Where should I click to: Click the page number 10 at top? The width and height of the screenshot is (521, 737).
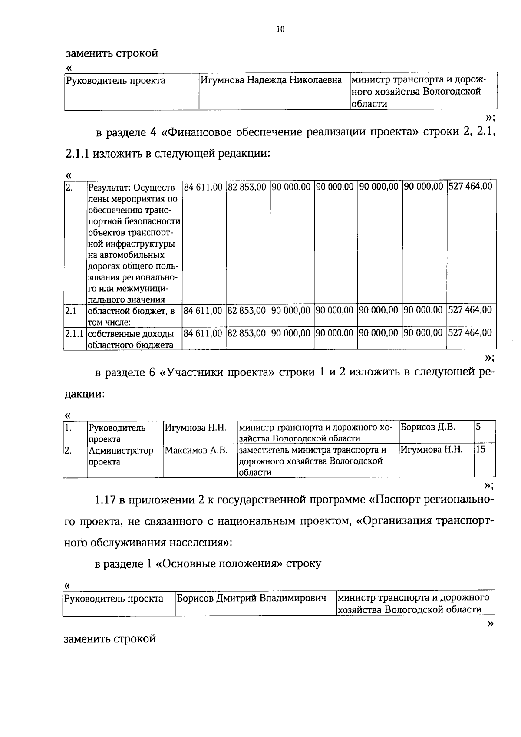point(280,30)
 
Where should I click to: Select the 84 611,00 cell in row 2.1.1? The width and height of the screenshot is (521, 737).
point(203,332)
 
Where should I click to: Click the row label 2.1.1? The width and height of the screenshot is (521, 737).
point(75,333)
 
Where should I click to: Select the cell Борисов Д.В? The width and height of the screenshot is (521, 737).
point(428,427)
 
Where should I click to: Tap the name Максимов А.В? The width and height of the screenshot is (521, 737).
point(196,451)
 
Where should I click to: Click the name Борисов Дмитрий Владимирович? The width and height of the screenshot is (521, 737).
point(251,599)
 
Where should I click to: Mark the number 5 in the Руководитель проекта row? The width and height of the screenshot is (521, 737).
point(478,427)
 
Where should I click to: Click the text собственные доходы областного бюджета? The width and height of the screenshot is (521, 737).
point(131,339)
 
